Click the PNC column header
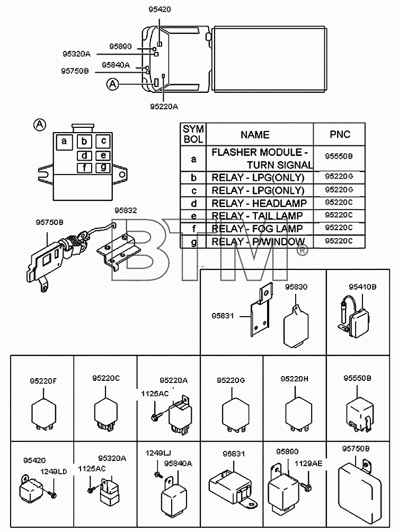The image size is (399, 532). point(339,134)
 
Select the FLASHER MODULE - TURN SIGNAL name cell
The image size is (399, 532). point(260,159)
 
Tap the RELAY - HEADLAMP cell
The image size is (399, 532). point(260,203)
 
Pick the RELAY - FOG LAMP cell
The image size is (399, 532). point(260,229)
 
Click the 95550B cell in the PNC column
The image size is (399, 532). point(339,156)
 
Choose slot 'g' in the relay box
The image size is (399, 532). point(103,167)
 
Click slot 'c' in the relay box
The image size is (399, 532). point(103,141)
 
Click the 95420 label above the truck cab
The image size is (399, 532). point(159,10)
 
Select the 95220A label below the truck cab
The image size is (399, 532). point(164,107)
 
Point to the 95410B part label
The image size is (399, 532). point(362,287)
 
